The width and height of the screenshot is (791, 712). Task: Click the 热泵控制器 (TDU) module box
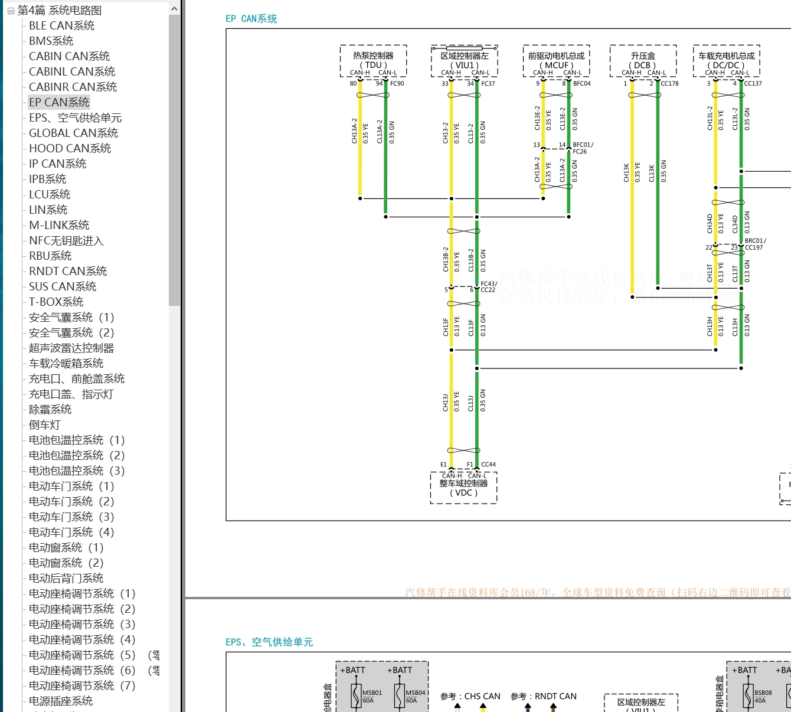pos(373,61)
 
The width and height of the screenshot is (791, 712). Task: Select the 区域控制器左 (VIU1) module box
pos(465,61)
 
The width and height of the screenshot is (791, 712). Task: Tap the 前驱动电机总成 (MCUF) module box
pos(556,61)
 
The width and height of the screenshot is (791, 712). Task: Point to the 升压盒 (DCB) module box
pos(643,61)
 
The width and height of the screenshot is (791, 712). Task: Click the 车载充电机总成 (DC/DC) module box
pos(726,61)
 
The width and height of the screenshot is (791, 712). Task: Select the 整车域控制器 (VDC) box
pos(463,488)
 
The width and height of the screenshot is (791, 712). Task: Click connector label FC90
pos(397,84)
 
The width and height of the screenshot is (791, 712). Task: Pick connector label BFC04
pos(581,84)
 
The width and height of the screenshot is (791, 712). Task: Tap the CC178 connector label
pos(669,84)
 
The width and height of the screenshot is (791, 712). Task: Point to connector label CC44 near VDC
pos(488,465)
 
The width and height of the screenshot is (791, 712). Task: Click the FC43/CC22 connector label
pos(489,287)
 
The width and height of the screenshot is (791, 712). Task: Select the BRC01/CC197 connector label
pos(755,244)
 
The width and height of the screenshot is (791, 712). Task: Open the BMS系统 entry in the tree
pos(51,41)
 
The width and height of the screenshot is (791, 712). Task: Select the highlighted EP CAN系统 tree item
pos(59,102)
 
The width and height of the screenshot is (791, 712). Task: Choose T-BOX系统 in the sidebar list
pos(56,302)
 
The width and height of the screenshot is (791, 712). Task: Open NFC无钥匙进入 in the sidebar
pos(66,240)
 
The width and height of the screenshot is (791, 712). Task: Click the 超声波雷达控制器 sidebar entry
pos(71,348)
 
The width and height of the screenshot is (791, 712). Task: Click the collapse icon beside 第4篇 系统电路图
pos(11,11)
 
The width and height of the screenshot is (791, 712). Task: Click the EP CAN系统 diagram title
pos(251,19)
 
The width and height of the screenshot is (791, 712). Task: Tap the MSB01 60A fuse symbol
pos(356,696)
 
